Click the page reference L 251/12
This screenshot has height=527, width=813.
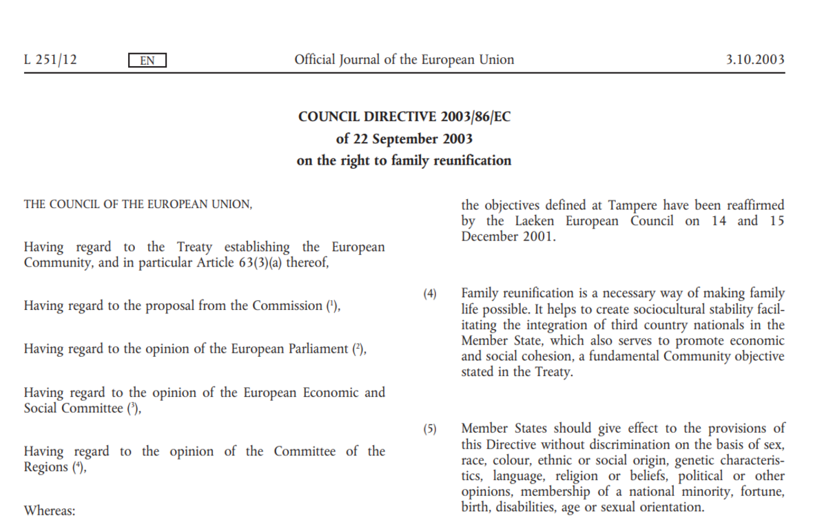coord(50,60)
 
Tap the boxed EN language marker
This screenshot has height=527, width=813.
coord(147,61)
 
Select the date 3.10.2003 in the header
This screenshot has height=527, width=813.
coord(755,60)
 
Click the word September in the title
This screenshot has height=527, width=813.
coord(404,138)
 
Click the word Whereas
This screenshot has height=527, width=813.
coord(49,510)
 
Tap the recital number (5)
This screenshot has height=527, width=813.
coord(430,428)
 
